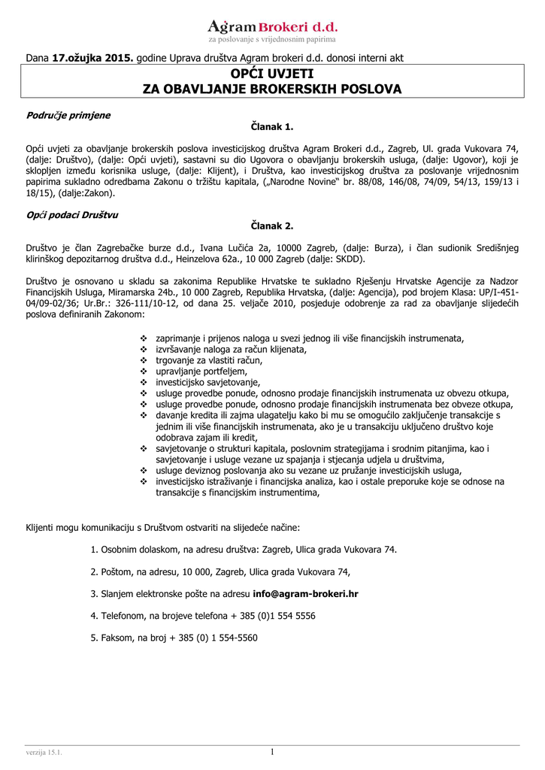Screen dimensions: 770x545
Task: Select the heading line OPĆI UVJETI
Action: [272, 74]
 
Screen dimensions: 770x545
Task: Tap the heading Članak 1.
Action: [272, 128]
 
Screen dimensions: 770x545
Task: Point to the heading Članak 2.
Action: [272, 226]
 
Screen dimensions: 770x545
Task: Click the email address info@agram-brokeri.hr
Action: [305, 593]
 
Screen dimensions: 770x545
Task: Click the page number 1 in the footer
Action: [272, 752]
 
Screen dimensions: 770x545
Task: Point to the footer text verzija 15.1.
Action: [44, 753]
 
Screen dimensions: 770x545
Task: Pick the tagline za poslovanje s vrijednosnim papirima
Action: [272, 39]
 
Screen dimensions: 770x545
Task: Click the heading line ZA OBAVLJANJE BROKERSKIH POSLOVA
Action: [272, 89]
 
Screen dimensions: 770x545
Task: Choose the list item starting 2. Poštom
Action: [221, 571]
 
